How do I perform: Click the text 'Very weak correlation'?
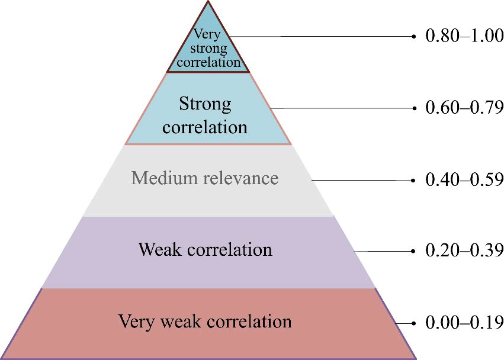click(205, 322)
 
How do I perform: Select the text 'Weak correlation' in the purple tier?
click(205, 249)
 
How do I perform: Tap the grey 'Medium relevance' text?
click(205, 178)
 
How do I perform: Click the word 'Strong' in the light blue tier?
click(205, 104)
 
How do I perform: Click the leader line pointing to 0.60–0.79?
click(344, 108)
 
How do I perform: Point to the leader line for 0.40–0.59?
click(361, 180)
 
